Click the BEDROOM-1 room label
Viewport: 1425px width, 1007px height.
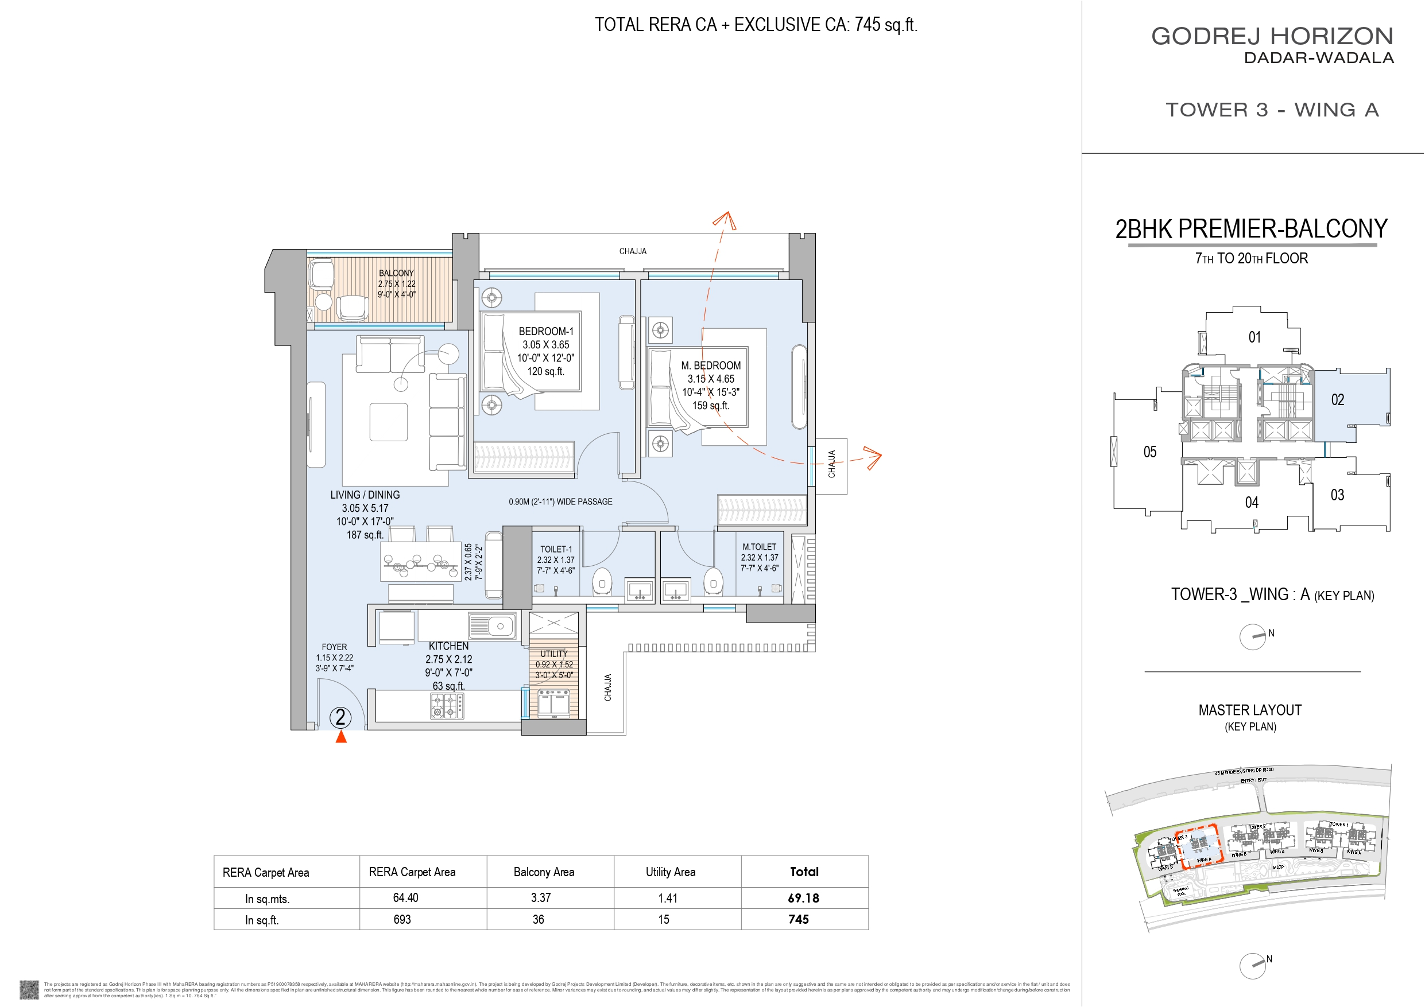(x=545, y=331)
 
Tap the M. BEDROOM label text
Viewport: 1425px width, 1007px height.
(x=711, y=366)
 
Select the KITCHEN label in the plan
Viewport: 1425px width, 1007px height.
(x=448, y=646)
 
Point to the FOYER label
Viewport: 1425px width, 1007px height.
(x=334, y=647)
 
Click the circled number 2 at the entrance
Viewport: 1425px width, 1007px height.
(x=340, y=717)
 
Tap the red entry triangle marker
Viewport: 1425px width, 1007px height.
(x=340, y=737)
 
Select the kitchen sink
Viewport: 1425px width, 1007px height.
(x=492, y=626)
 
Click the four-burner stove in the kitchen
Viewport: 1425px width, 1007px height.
(x=447, y=705)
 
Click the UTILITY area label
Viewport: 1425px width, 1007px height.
(x=553, y=654)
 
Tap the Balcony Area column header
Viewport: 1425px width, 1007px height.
(x=544, y=872)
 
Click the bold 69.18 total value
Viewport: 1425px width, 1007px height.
(x=803, y=898)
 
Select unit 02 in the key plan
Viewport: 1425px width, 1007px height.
(x=1338, y=399)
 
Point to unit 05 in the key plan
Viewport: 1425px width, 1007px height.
(x=1149, y=452)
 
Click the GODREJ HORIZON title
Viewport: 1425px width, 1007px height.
(x=1272, y=36)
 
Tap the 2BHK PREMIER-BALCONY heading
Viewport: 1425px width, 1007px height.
(x=1251, y=228)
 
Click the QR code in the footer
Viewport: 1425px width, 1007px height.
(x=29, y=989)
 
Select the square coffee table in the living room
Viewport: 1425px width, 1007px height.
(x=389, y=422)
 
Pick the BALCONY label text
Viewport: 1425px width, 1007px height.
(x=396, y=273)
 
